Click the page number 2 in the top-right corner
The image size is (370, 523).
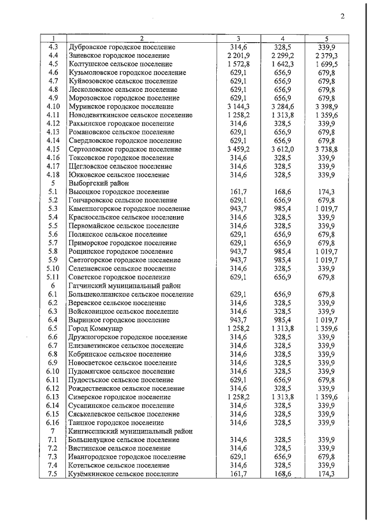(x=342, y=16)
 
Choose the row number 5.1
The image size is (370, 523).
(x=53, y=191)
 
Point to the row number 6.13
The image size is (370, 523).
(x=53, y=397)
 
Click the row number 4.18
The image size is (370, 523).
(x=53, y=175)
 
